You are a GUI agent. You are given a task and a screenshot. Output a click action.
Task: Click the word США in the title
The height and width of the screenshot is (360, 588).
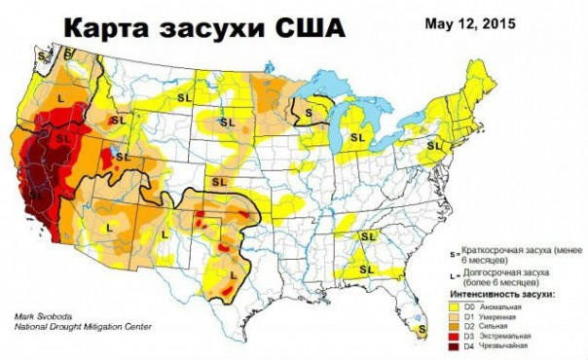303,29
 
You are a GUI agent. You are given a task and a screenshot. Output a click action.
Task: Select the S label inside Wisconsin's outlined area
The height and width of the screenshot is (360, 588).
310,113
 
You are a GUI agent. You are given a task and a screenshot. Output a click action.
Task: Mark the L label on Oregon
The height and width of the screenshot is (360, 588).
60,98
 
